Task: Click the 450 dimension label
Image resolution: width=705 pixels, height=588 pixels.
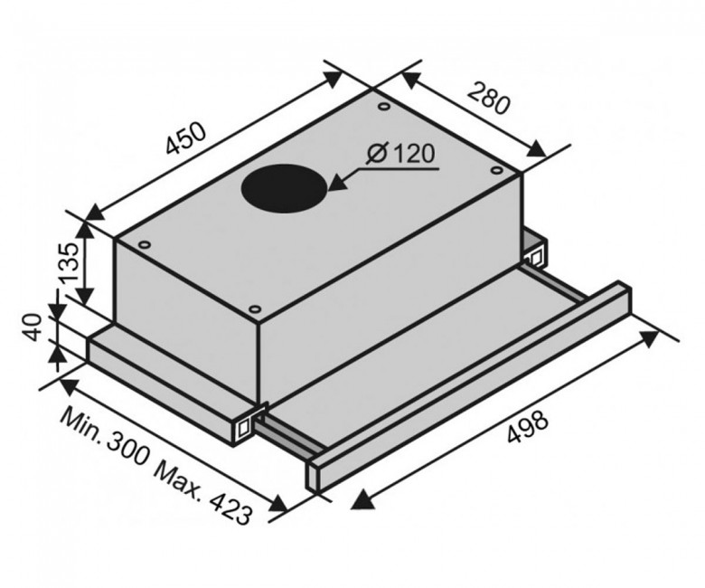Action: [x=185, y=138]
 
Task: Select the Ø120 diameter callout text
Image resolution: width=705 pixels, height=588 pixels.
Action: [x=401, y=155]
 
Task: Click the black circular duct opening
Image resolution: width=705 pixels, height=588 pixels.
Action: [x=285, y=188]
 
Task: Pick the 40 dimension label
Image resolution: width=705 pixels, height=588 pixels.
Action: [x=33, y=328]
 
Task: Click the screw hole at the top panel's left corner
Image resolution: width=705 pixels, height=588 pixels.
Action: [x=145, y=245]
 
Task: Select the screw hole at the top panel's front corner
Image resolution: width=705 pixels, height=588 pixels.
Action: [x=255, y=309]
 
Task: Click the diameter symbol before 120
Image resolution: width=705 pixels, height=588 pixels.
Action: [x=377, y=155]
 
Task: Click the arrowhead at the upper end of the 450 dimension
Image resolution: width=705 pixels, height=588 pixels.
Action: [x=332, y=79]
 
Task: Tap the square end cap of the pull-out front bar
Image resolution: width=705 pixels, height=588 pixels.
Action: [x=314, y=474]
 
